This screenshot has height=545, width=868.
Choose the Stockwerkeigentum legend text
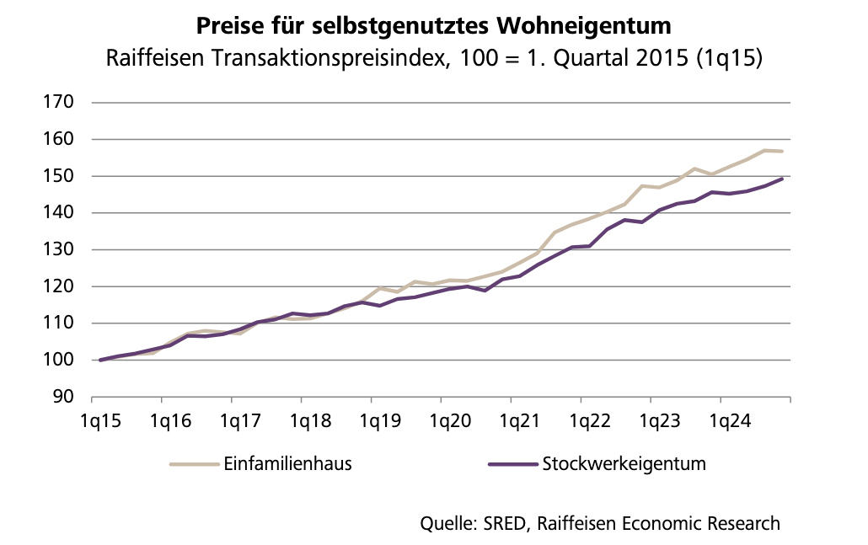[x=624, y=464]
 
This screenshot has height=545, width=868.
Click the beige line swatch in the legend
[x=193, y=464]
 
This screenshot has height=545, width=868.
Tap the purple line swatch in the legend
[x=512, y=464]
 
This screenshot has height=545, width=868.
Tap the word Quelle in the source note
[x=447, y=523]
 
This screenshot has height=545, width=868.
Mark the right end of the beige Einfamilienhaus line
[x=783, y=152]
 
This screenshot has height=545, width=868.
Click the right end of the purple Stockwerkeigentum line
[x=783, y=179]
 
